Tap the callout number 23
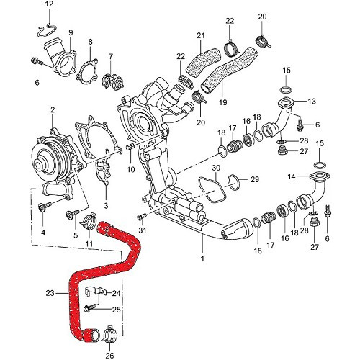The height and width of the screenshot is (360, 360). [50, 293]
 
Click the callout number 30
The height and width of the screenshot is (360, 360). [217, 168]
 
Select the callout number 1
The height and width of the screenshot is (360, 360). [202, 258]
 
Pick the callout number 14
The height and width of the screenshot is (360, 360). [291, 176]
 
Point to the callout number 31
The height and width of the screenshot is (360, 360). [143, 230]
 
